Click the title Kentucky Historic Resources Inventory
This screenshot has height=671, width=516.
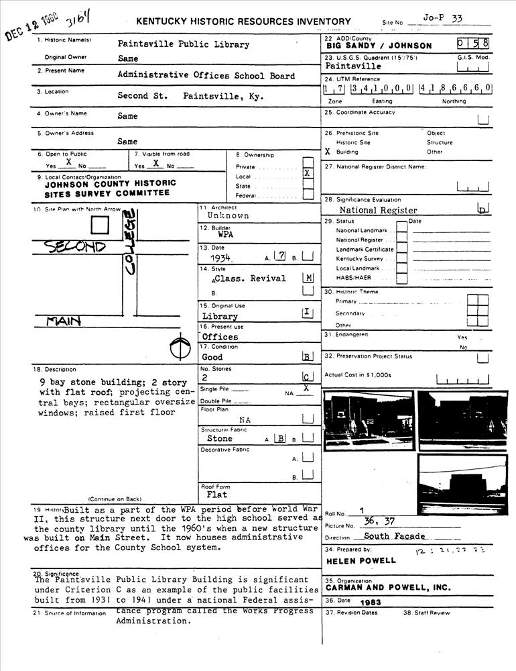tap(243, 22)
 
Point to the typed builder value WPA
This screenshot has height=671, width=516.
tap(225, 236)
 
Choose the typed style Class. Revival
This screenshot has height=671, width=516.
tap(250, 278)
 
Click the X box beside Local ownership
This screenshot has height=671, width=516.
tap(308, 173)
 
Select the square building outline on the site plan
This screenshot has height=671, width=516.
tap(100, 225)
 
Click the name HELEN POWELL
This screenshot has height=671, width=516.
tap(361, 560)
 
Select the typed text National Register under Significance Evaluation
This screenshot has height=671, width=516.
tap(378, 210)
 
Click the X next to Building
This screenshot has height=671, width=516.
tap(328, 152)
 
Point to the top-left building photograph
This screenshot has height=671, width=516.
tap(368, 420)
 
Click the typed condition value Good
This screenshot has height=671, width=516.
tap(212, 358)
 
